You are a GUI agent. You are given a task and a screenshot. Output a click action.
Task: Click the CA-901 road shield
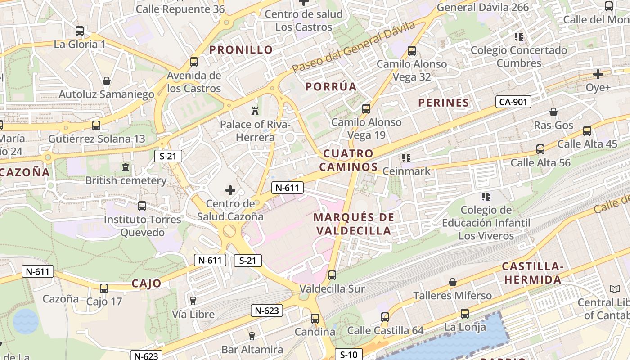click(513, 102)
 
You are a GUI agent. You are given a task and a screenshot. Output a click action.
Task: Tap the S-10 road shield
click(349, 355)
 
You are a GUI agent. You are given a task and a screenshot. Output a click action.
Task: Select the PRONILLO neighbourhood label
click(241, 50)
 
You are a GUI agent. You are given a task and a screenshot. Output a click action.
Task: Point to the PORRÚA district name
click(331, 87)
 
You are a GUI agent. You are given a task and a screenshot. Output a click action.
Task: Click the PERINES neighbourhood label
click(444, 103)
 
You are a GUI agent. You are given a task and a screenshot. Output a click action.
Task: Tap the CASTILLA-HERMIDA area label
click(532, 273)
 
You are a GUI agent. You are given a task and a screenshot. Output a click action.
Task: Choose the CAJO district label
click(146, 283)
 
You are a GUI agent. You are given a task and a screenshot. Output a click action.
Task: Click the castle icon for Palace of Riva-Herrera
click(255, 111)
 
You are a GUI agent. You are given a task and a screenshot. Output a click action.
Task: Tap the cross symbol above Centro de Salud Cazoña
click(230, 190)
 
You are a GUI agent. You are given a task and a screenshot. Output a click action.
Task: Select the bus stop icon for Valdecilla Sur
click(332, 275)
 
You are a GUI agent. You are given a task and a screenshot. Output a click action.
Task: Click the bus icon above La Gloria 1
click(80, 31)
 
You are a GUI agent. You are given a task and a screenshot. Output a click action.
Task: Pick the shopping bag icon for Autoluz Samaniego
click(107, 81)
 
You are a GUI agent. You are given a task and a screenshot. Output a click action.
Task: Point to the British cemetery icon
click(126, 168)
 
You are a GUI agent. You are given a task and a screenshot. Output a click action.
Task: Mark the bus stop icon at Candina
click(315, 319)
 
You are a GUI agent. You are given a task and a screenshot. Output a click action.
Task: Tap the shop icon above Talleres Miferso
click(453, 282)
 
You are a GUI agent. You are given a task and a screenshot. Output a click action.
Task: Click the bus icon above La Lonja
click(465, 314)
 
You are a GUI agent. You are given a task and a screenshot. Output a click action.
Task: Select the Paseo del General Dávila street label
click(353, 47)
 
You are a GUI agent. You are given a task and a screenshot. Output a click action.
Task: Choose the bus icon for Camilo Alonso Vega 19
click(366, 108)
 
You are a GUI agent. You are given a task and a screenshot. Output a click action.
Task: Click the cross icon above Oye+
click(598, 74)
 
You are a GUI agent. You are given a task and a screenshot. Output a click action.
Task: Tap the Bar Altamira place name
click(252, 350)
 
